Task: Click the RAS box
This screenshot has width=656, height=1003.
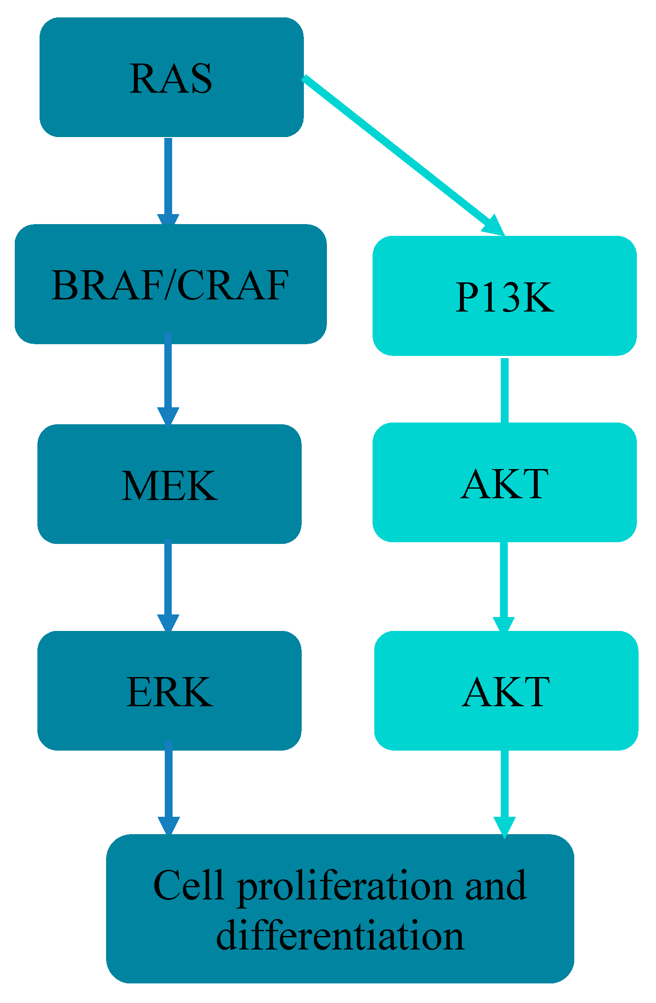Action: pos(171,77)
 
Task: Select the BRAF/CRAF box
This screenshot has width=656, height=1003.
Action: pos(170,284)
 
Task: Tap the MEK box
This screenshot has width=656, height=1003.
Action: pos(170,484)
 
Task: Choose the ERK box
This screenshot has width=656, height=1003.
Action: pos(170,691)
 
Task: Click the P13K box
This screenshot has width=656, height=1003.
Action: pos(504,296)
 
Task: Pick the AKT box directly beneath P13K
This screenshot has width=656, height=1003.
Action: pos(504,482)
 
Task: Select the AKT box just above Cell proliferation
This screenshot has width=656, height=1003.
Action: pos(506,691)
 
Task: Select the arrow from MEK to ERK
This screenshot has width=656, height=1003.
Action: pos(168,583)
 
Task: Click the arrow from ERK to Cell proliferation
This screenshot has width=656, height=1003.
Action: pos(169,788)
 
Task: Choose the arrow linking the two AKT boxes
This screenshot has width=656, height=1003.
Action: pos(504,585)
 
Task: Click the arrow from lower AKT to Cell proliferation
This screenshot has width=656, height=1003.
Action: pos(504,792)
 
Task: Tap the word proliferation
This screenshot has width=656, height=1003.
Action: pos(346,888)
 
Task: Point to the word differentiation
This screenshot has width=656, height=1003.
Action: pos(340,936)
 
